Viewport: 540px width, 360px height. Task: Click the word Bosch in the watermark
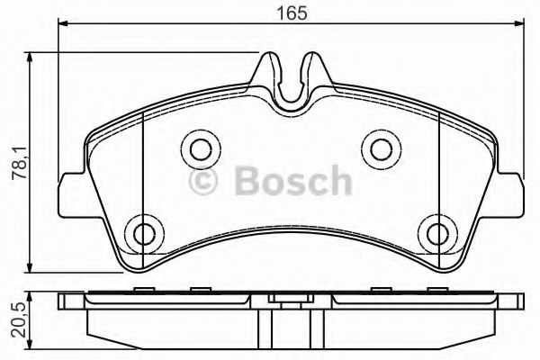tap(292, 183)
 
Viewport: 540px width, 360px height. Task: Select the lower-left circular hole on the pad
tap(142, 232)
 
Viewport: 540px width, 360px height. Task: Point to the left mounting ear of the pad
tap(68, 193)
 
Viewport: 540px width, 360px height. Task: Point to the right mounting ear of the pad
tap(512, 193)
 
